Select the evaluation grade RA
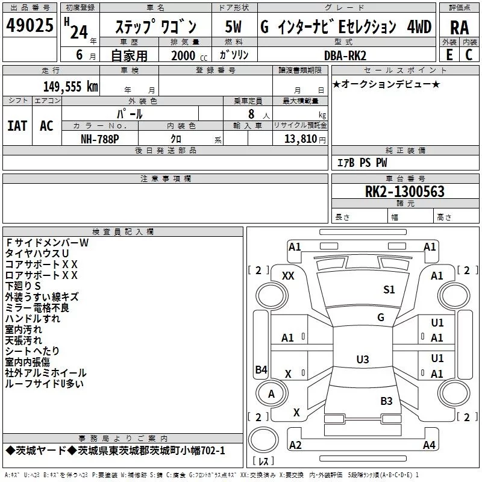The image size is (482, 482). coord(459,28)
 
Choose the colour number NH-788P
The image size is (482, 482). coord(100,139)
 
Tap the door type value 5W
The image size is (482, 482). coord(233,27)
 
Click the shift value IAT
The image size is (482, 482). coord(17,126)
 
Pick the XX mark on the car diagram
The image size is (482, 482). coord(288,275)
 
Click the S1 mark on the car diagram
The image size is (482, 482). coord(389,290)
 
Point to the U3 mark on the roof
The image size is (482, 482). coord(362,360)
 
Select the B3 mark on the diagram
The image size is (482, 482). coord(386,401)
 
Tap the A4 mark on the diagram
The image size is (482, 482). coord(429,445)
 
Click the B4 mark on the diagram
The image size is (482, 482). coord(261,370)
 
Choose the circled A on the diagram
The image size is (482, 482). coord(271,394)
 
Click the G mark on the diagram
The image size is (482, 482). coord(381,317)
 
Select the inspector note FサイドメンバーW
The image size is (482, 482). coord(47,243)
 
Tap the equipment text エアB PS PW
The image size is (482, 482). coord(362,163)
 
